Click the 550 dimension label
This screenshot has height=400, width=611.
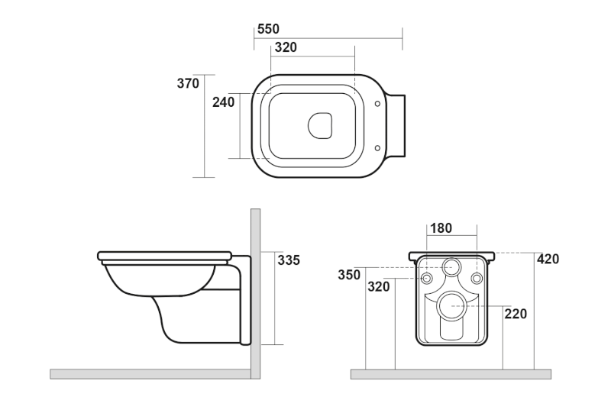pos(268,29)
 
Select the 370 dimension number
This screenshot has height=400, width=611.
pos(188,83)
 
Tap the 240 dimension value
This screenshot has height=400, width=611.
pos(223,102)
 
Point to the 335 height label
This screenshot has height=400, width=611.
pos(288,260)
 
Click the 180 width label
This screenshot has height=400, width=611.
pos(441,228)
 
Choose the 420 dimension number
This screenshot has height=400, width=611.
pos(548,260)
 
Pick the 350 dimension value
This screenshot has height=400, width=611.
pos(350,275)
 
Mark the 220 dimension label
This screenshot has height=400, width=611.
pos(516,314)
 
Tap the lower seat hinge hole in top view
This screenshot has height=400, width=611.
pos(377,147)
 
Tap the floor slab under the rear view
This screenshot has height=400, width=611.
pos(451,374)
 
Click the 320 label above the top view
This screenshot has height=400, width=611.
pos(286,47)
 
